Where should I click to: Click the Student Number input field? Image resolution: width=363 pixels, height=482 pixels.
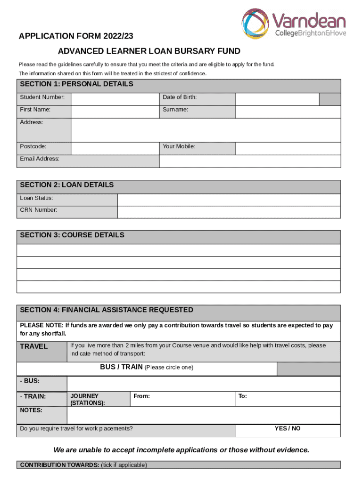115,99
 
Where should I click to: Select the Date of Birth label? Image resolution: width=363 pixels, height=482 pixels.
180,97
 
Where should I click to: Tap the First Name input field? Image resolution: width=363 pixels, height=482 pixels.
115,112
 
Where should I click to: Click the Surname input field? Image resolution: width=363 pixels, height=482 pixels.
288,112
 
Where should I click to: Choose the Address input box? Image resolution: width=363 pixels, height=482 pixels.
205,129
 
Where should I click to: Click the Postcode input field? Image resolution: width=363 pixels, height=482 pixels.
115,148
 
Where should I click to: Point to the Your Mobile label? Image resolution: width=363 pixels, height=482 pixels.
179,146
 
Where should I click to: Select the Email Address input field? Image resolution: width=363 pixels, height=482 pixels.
250,161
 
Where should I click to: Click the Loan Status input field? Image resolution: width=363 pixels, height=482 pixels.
229,200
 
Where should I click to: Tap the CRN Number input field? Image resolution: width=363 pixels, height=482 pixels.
229,212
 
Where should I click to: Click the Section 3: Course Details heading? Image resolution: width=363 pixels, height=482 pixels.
72,235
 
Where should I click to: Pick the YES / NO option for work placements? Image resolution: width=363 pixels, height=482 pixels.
288,429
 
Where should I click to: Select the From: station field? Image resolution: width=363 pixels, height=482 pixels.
182,399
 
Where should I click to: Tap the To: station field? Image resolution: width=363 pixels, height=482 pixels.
288,399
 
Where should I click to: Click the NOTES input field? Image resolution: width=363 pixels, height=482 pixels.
203,415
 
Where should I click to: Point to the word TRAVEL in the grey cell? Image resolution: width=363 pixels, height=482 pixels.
33,346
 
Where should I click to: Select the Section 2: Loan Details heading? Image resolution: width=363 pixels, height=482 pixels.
66,185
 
